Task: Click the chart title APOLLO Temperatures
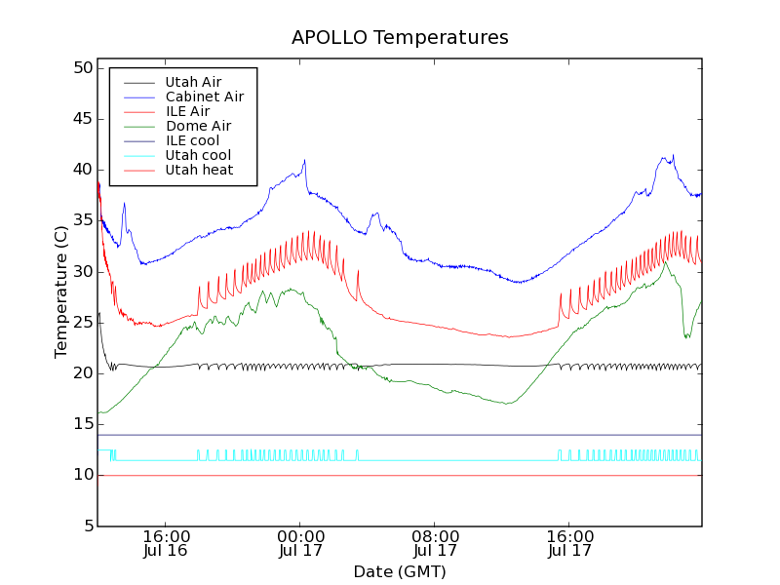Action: pyautogui.click(x=400, y=38)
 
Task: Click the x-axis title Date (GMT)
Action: pyautogui.click(x=400, y=571)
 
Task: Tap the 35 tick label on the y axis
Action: pyautogui.click(x=81, y=220)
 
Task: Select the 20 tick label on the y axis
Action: pyautogui.click(x=81, y=373)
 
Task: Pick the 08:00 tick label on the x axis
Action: pyautogui.click(x=435, y=536)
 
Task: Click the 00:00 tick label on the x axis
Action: pyautogui.click(x=300, y=536)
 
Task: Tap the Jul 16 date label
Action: pyautogui.click(x=166, y=551)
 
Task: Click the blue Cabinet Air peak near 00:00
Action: pyautogui.click(x=304, y=161)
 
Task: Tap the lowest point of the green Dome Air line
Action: pyautogui.click(x=508, y=403)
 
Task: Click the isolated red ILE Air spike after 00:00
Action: pyautogui.click(x=358, y=272)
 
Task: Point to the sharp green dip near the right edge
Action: pyautogui.click(x=686, y=336)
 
